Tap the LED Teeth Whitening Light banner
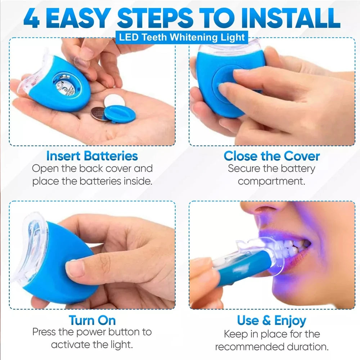(181, 37)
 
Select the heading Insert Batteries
(92, 156)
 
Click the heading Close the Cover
(271, 156)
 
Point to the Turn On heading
(92, 320)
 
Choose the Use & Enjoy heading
(271, 320)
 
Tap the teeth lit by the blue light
(288, 248)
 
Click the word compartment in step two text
(271, 181)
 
